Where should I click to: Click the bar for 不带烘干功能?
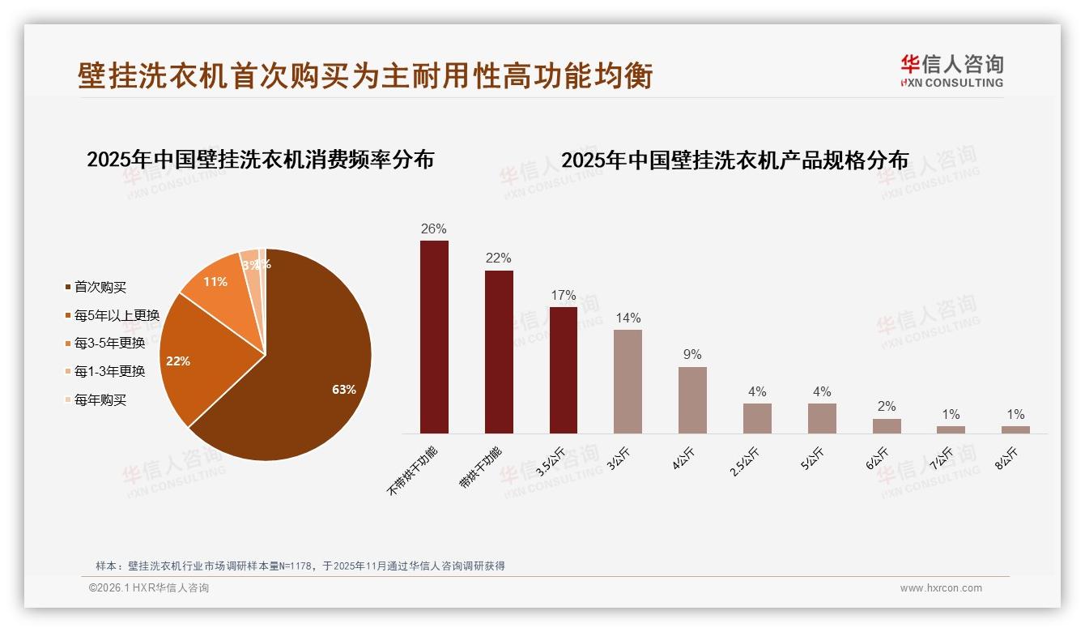tap(434, 336)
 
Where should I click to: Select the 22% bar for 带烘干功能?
tap(499, 352)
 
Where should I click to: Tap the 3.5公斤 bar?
tap(564, 369)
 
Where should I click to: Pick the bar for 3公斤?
tap(628, 381)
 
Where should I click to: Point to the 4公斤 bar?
tap(692, 399)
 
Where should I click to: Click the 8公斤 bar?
tap(1015, 429)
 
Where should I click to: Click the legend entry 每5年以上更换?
tap(117, 315)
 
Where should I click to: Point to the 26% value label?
tap(434, 228)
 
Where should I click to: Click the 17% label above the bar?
tap(564, 295)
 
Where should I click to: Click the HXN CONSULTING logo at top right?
tap(951, 70)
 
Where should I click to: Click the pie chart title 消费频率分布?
tap(260, 159)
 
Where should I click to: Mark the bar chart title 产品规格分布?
tap(734, 160)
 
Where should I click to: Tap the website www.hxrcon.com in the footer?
tap(941, 588)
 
